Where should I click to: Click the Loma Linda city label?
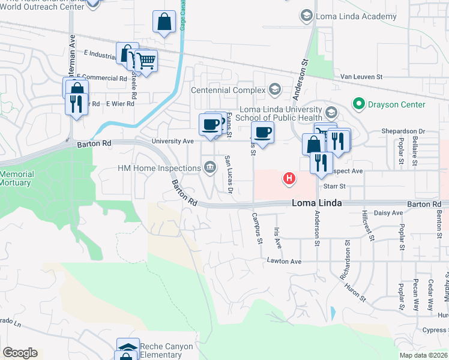click(317, 203)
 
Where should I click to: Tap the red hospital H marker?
click(289, 178)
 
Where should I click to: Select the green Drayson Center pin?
click(359, 104)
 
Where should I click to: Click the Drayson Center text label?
click(396, 104)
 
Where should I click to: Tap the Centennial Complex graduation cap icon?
click(275, 90)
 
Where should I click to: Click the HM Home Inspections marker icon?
click(209, 166)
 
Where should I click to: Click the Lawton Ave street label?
click(285, 262)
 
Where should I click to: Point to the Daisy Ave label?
click(389, 213)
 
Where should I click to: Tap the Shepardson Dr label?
click(403, 131)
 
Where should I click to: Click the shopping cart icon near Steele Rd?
click(146, 60)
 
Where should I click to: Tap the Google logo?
click(20, 353)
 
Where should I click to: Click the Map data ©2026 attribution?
click(423, 355)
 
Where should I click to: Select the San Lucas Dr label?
click(229, 175)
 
